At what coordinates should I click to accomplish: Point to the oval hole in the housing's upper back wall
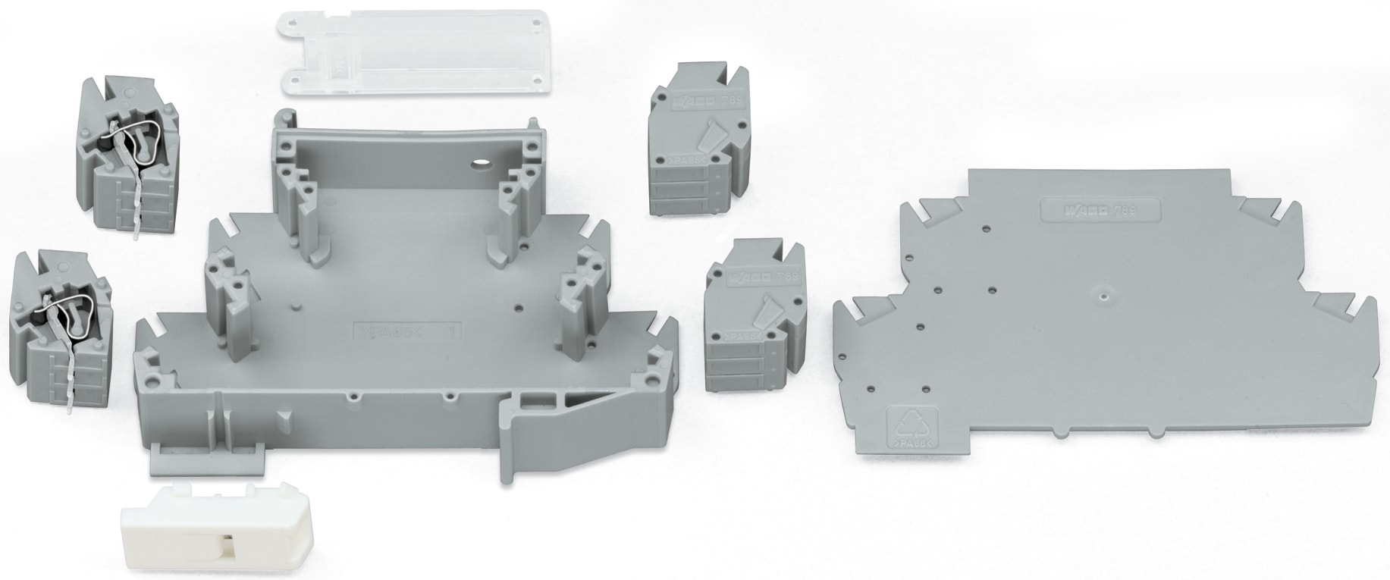pos(479,163)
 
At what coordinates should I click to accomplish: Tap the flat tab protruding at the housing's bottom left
pos(205,456)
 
